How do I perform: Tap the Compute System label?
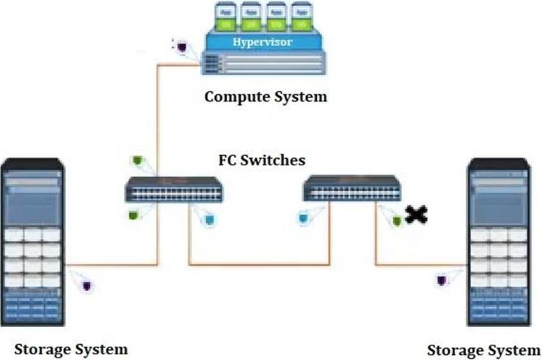pos(266,97)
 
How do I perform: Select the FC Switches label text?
pos(262,160)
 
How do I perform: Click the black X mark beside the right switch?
pos(416,215)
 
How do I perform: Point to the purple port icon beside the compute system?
pos(182,46)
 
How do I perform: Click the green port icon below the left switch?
pos(134,214)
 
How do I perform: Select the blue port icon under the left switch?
pos(210,219)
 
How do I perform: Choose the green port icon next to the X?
pos(397,220)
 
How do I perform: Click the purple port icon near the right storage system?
pos(441,280)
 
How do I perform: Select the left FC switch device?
pos(174,189)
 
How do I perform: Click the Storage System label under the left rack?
pos(71,349)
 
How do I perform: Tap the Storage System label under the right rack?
pos(484,350)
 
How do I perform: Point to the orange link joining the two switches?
pos(259,264)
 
